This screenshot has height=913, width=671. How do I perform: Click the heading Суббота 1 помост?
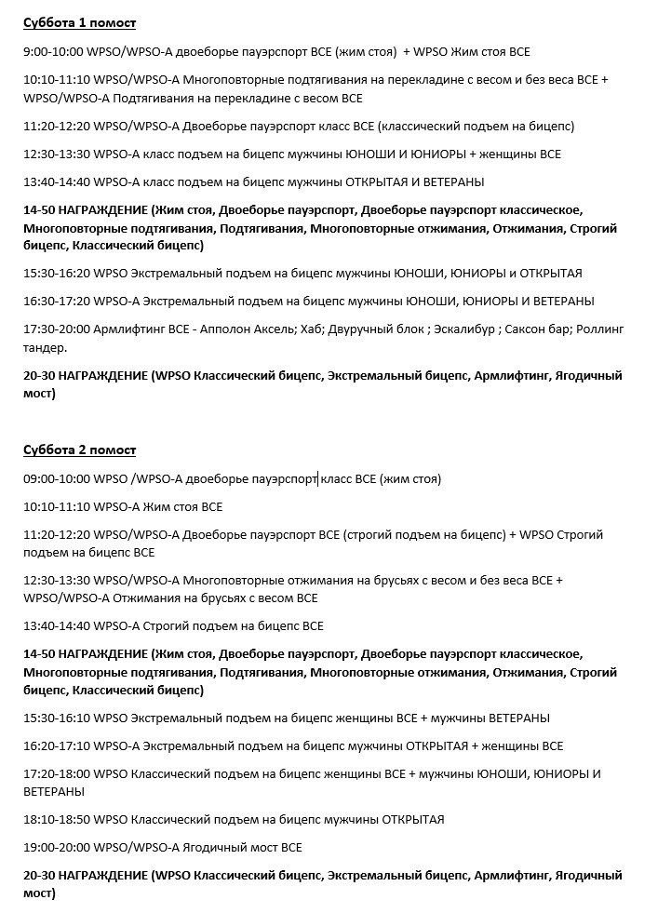tap(79, 22)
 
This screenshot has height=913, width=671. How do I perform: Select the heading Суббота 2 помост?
tap(79, 450)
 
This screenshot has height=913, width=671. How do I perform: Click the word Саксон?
tap(524, 329)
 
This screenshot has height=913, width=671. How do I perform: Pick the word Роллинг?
tap(600, 329)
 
